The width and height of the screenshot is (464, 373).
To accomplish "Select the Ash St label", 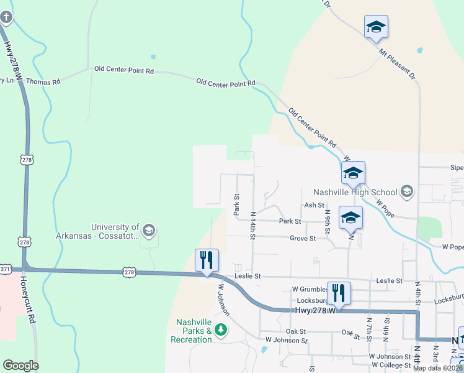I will click(x=314, y=205).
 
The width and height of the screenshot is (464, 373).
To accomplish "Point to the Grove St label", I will click(x=303, y=238).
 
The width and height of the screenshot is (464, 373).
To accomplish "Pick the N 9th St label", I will click(x=328, y=224).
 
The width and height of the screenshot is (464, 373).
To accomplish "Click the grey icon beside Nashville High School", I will click(x=407, y=191).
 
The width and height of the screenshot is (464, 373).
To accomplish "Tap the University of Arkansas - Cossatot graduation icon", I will click(x=149, y=231).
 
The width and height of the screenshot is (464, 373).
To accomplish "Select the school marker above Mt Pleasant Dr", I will click(x=376, y=27).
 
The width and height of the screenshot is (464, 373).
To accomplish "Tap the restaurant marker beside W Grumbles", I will click(x=339, y=292).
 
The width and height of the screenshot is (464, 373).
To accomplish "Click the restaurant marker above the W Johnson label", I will click(x=207, y=260).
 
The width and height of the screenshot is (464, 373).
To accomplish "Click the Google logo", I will click(x=20, y=366).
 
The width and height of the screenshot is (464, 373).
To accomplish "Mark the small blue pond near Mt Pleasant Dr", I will click(x=420, y=50).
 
